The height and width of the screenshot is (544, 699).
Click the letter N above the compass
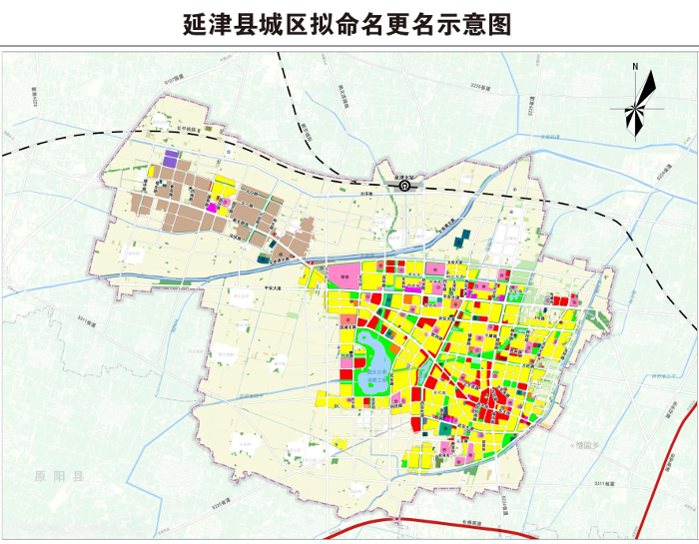(x=635, y=67)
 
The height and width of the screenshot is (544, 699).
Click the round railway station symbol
(x=404, y=185)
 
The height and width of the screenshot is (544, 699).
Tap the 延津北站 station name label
(x=404, y=175)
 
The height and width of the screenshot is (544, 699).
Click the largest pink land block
(x=346, y=278)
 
